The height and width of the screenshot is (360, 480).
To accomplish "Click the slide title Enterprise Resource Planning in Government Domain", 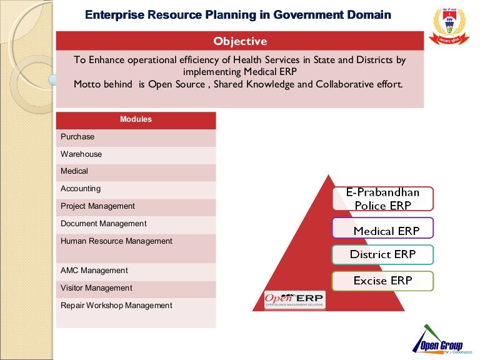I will [237, 14].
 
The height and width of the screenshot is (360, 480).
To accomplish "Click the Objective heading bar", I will [240, 41].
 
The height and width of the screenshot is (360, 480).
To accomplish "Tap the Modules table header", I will [136, 119].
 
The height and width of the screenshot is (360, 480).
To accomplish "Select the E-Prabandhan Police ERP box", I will [382, 199].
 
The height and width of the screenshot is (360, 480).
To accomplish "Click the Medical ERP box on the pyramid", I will [382, 229].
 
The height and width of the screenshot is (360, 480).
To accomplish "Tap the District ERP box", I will [382, 254].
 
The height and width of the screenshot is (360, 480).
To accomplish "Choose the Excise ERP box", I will [382, 281].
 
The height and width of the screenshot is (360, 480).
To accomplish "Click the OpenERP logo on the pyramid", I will [294, 300].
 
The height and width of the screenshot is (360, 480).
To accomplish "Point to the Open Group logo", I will [437, 342].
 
